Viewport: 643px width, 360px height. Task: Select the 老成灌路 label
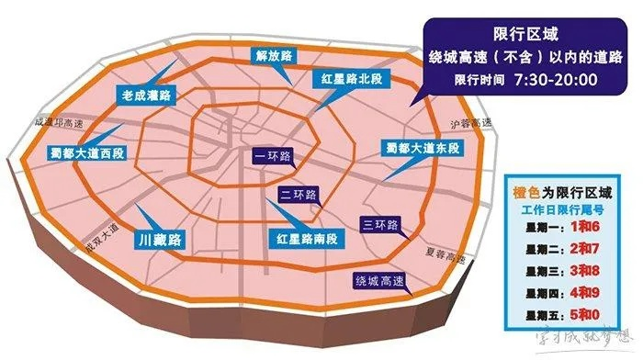point(148,95)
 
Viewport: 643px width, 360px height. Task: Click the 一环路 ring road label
point(273,157)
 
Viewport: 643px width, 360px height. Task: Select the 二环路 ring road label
point(298,195)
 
